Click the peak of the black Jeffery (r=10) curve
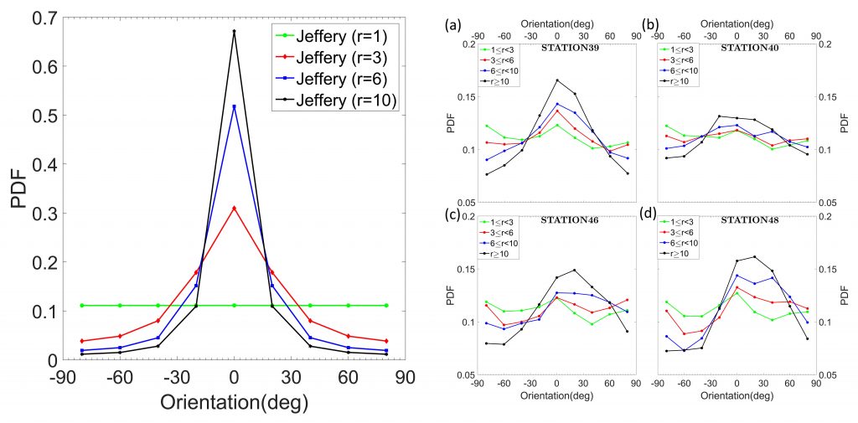pos(235,31)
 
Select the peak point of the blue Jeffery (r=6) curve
pos(235,106)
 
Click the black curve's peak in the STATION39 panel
pos(557,80)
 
